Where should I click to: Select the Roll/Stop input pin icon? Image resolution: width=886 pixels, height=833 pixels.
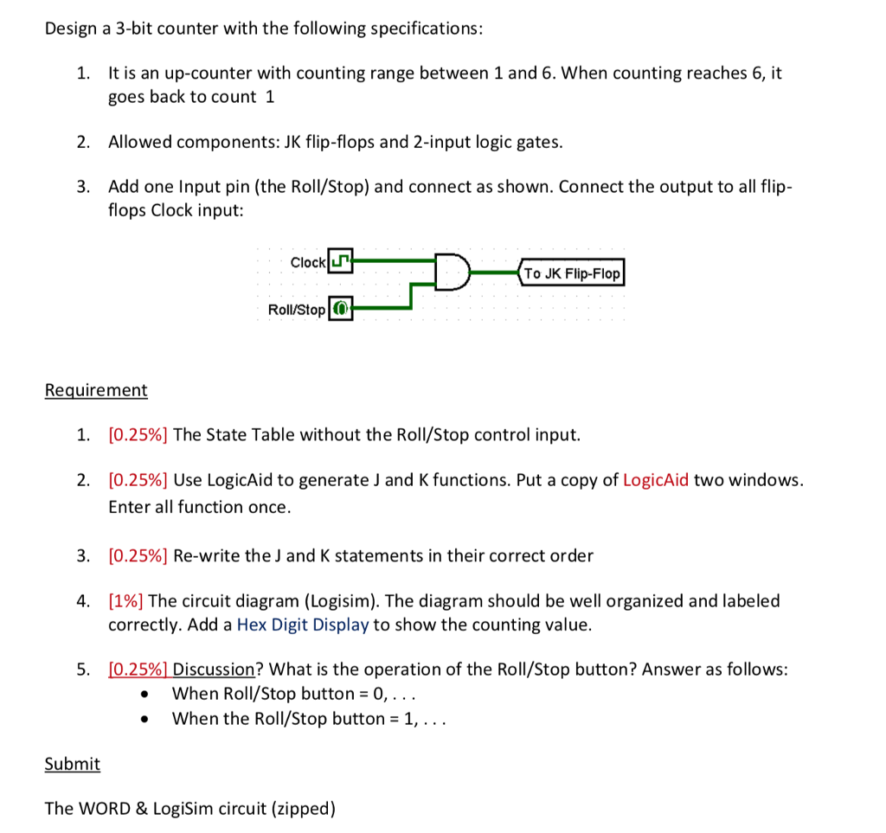341,309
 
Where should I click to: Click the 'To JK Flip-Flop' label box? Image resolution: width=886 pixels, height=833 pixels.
572,273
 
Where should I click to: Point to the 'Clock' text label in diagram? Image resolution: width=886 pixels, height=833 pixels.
308,262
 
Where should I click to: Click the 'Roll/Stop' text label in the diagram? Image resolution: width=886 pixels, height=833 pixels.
297,310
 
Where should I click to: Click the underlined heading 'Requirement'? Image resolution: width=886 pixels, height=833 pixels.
96,390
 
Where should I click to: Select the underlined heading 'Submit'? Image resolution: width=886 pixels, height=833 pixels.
73,764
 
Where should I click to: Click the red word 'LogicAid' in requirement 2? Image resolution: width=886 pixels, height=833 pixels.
656,480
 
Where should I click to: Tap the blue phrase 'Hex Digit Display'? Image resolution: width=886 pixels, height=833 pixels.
302,625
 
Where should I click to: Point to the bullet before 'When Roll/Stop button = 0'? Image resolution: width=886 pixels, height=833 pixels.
152,694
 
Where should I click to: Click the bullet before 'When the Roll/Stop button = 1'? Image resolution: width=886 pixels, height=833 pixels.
152,719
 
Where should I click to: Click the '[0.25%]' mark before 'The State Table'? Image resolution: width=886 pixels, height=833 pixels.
138,434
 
